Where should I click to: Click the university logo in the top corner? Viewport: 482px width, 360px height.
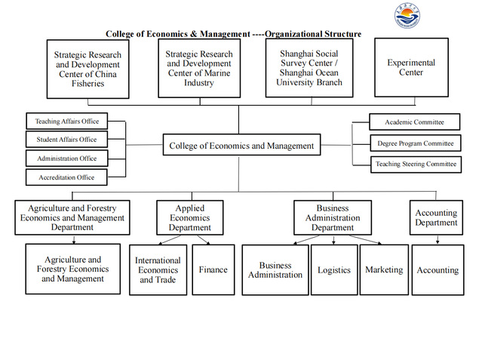click(407, 16)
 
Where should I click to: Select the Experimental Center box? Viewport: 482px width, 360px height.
click(411, 68)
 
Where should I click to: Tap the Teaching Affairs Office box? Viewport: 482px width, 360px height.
click(66, 122)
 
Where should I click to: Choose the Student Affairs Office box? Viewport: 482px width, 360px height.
click(66, 140)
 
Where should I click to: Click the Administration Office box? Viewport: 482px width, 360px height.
click(66, 158)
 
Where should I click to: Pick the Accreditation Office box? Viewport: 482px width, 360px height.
click(66, 177)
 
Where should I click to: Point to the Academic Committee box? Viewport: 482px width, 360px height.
click(414, 122)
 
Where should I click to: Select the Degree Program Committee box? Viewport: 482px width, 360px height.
click(415, 143)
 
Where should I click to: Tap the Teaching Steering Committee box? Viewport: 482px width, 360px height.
click(416, 164)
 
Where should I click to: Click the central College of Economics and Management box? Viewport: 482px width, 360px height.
click(241, 146)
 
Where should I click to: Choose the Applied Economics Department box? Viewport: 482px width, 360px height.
click(190, 217)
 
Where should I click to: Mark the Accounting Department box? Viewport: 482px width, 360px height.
click(436, 217)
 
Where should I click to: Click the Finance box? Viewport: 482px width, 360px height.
click(213, 269)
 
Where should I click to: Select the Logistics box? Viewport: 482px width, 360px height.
click(334, 269)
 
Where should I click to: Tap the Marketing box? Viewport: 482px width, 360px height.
click(384, 269)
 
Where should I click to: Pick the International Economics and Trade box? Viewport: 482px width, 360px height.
click(158, 270)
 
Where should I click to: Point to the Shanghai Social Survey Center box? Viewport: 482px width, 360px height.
click(309, 68)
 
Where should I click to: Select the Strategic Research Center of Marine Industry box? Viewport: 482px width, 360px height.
click(199, 68)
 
